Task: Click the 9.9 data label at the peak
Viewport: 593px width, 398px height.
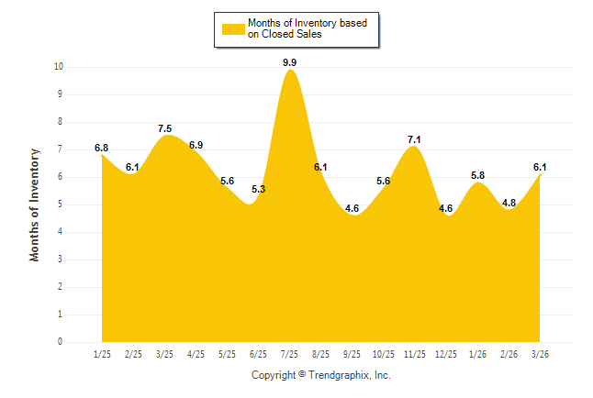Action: pos(289,62)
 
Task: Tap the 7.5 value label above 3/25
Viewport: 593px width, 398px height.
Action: pos(164,129)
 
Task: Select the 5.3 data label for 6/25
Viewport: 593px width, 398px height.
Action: pos(258,190)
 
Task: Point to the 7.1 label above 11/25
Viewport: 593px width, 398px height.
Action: pos(414,140)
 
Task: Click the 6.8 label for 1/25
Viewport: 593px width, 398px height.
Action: pos(101,148)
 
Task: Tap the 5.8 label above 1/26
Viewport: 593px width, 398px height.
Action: pos(477,175)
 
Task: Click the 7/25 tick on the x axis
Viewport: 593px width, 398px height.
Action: pos(289,354)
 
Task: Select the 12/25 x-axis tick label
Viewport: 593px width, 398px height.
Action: pos(445,354)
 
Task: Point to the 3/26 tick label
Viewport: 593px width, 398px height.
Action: pos(540,354)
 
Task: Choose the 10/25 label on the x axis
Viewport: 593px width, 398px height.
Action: pos(383,354)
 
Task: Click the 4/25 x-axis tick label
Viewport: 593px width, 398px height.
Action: pos(196,354)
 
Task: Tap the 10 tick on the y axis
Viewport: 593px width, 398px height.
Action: pos(58,67)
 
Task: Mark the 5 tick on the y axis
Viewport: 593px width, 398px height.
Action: pos(60,205)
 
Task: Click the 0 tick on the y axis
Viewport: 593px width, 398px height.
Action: pos(60,342)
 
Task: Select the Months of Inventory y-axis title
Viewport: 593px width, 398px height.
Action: pos(35,205)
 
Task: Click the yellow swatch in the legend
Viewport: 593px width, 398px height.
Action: pos(233,28)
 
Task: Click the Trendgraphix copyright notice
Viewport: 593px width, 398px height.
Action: pos(320,375)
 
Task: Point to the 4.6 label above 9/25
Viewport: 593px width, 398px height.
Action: pos(352,208)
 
